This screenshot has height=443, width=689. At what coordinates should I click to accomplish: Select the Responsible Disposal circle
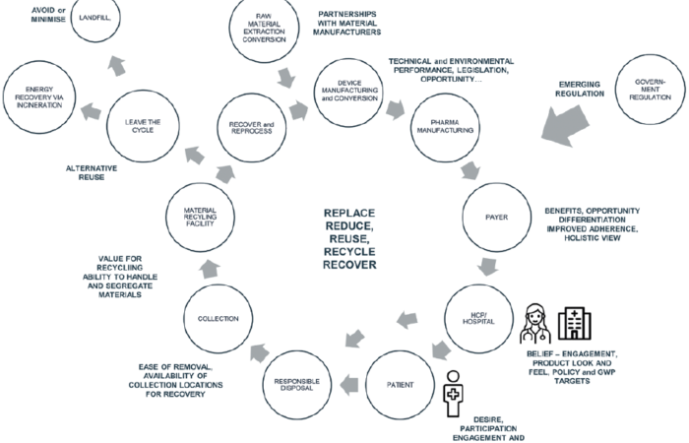[296, 383]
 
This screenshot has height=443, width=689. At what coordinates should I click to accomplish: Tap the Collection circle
[219, 317]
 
